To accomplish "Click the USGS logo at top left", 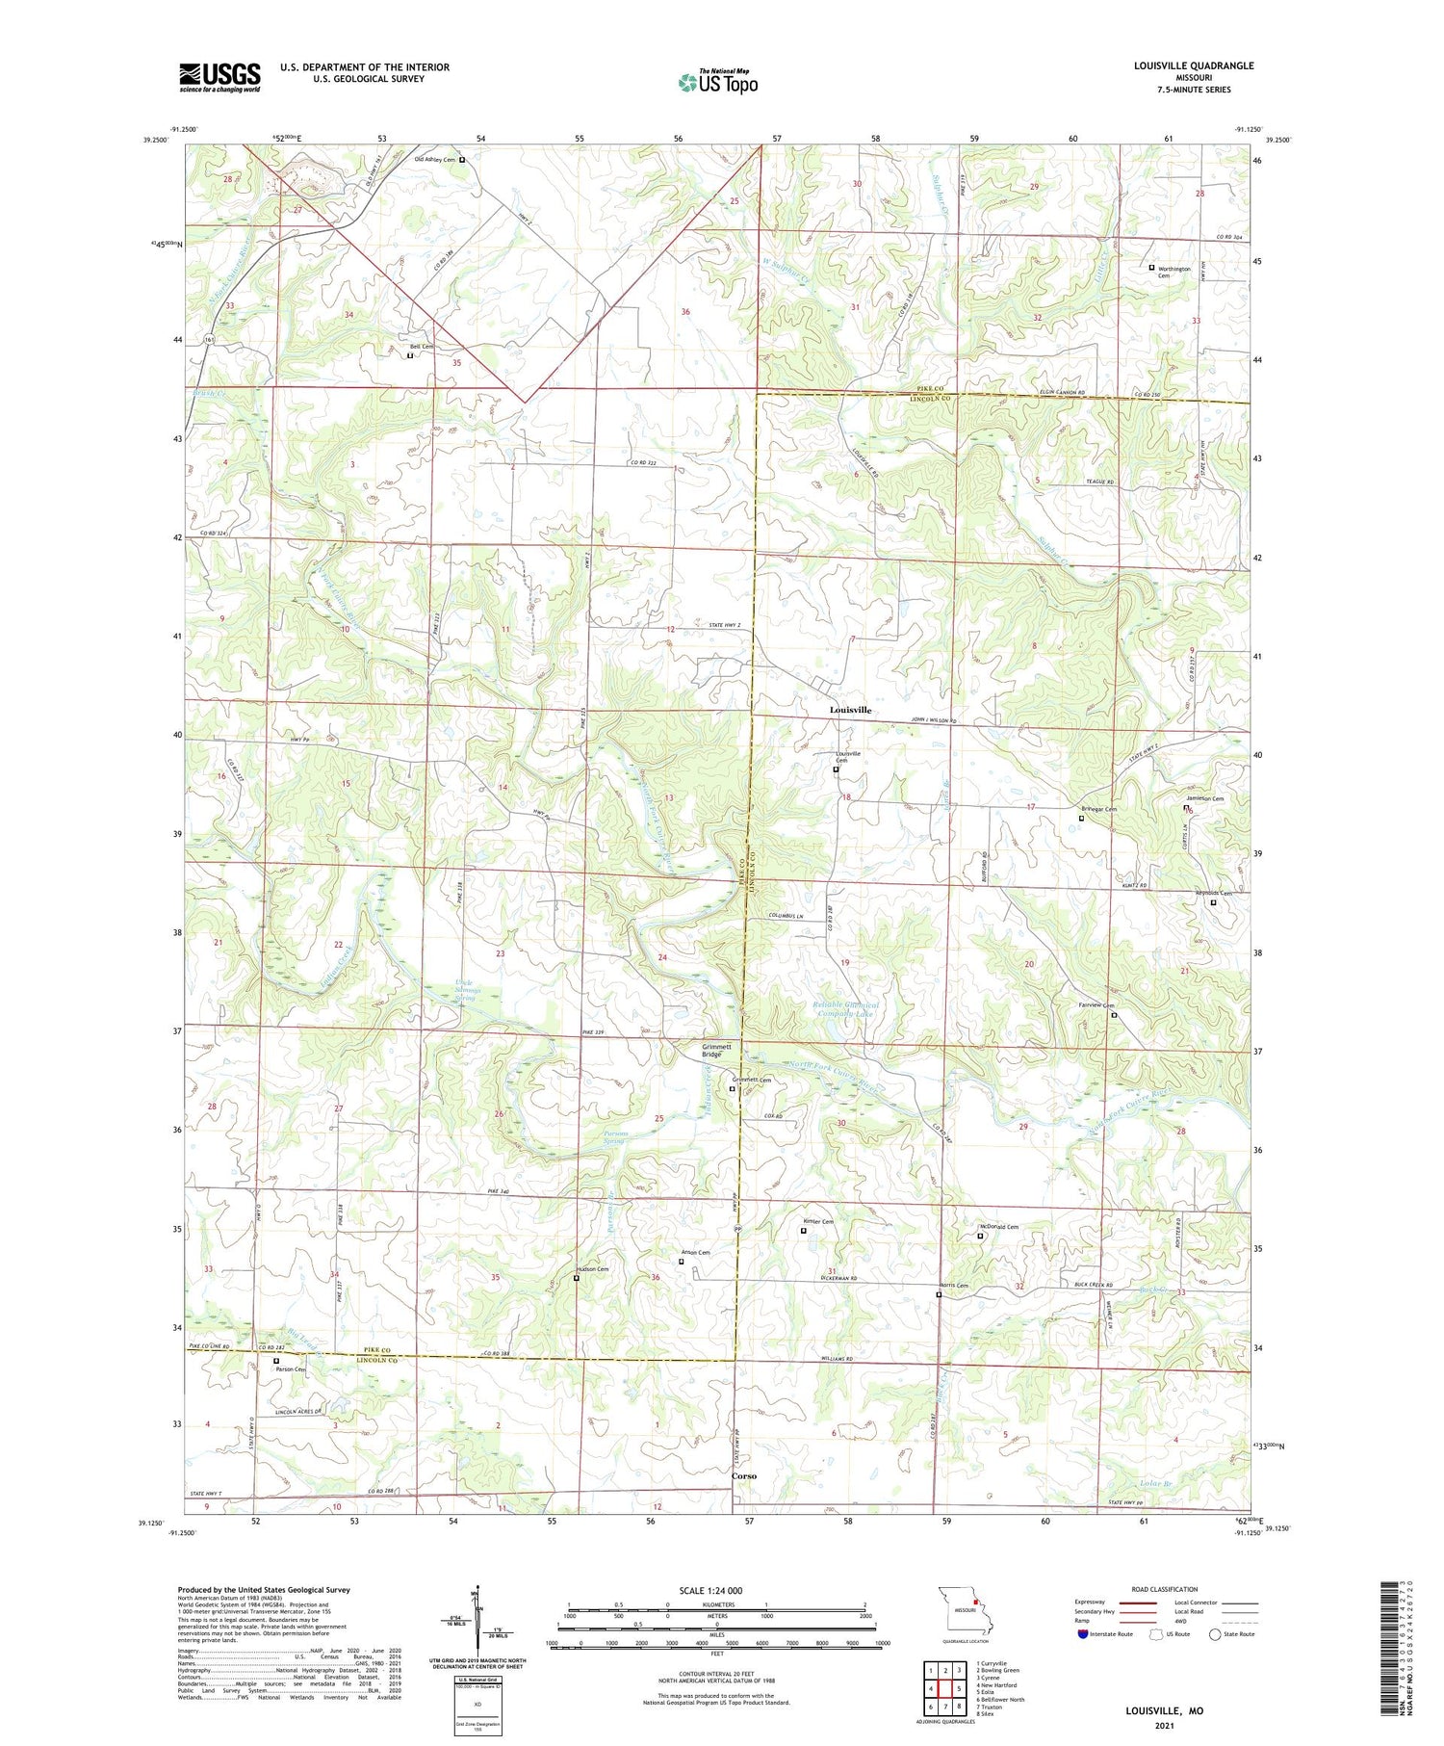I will (219, 77).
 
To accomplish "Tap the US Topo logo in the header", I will (718, 82).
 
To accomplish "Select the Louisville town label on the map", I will (850, 710).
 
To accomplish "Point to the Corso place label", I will (743, 1475).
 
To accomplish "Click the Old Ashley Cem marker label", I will (434, 160).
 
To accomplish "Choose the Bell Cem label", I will (422, 347).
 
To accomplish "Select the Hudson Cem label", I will (592, 1269).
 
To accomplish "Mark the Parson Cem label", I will (290, 1368).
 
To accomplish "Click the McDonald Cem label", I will (999, 1227).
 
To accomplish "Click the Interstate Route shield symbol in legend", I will (1083, 1634).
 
